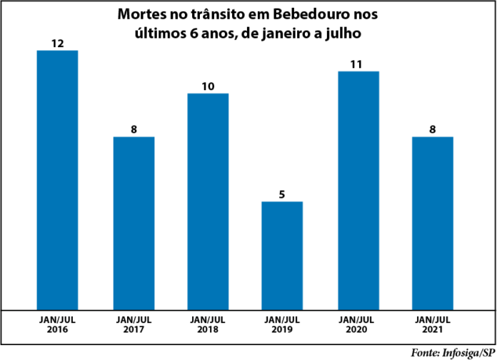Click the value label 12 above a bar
click(57, 44)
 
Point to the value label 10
click(208, 86)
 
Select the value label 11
click(357, 64)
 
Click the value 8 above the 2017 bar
click(134, 130)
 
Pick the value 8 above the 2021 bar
click(433, 130)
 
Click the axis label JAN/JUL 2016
click(58, 325)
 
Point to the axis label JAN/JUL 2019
click(282, 325)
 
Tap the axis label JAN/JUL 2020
click(358, 325)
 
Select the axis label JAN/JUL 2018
click(207, 325)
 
